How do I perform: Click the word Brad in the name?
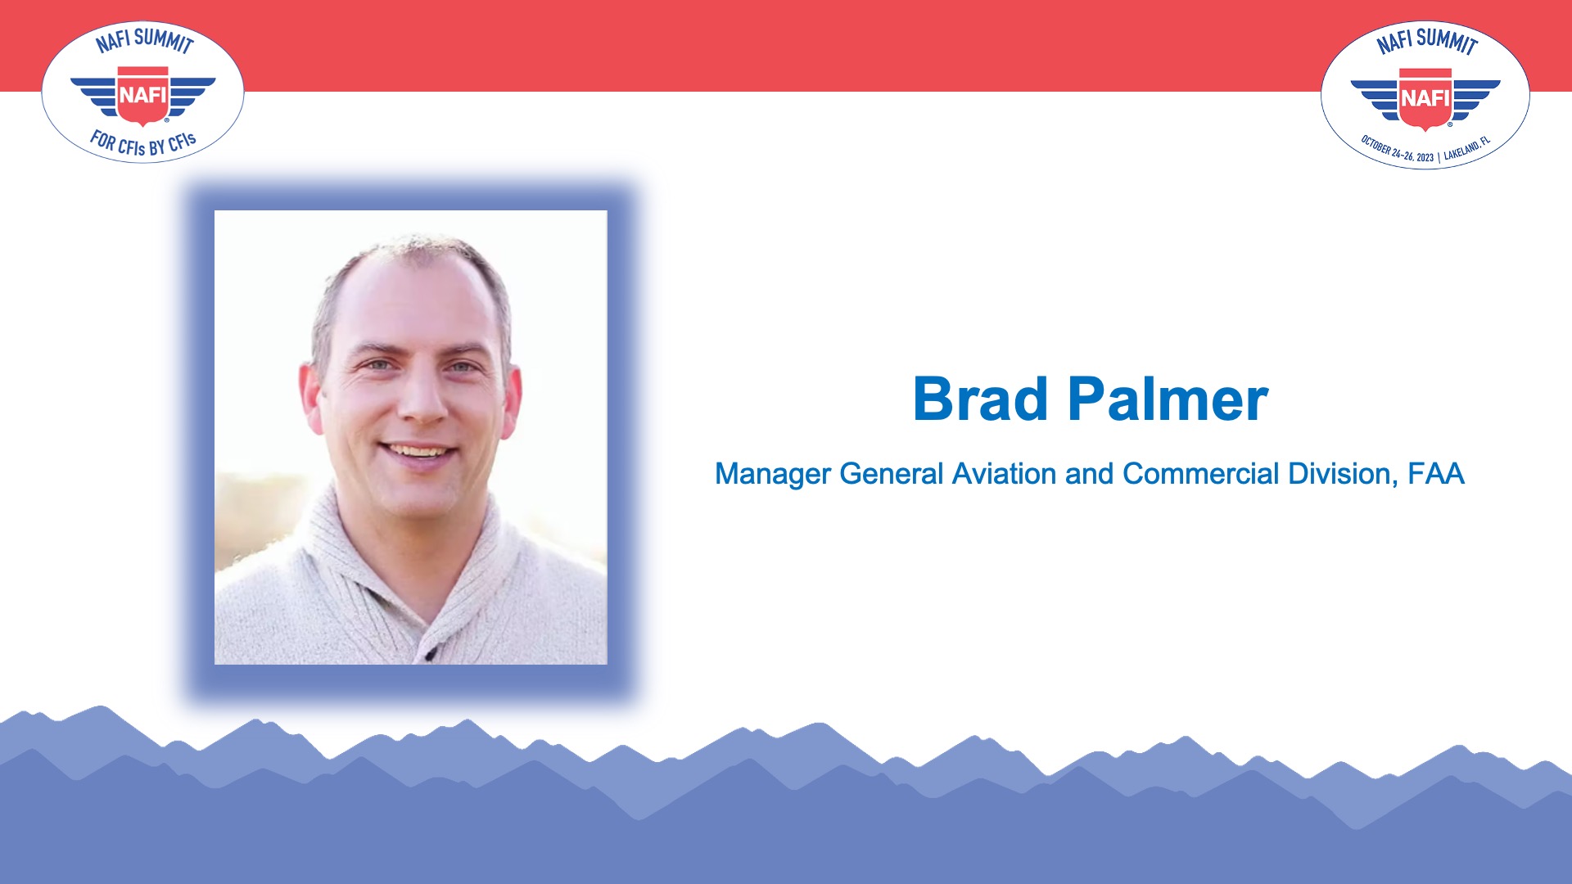pos(980,399)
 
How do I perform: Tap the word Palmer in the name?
pos(1168,399)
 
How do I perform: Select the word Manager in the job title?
pos(773,475)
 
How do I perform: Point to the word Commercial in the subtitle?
pos(1201,474)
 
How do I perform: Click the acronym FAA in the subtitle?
pos(1436,474)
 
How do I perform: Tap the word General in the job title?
pos(892,474)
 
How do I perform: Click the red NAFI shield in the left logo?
pos(143,97)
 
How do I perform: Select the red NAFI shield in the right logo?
pos(1425,99)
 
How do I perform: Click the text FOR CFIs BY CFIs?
pos(143,144)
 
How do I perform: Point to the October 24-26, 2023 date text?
pos(1397,150)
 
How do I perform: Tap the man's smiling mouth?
pos(419,452)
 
